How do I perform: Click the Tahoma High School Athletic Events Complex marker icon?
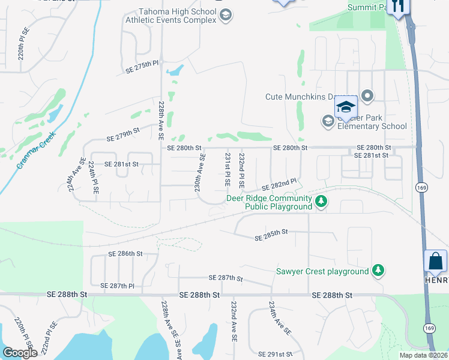pyautogui.click(x=225, y=15)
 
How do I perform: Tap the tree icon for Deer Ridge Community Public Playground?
pyautogui.click(x=321, y=201)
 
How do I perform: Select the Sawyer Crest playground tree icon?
pyautogui.click(x=378, y=271)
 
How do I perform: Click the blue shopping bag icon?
pyautogui.click(x=435, y=262)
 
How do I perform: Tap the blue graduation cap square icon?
pyautogui.click(x=346, y=107)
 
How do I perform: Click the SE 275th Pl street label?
pyautogui.click(x=142, y=66)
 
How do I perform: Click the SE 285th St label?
pyautogui.click(x=271, y=235)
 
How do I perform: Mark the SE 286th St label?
pyautogui.click(x=125, y=254)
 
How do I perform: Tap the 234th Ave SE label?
pyautogui.click(x=280, y=317)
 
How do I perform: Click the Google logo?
pyautogui.click(x=20, y=353)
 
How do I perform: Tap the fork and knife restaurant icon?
pyautogui.click(x=397, y=6)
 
